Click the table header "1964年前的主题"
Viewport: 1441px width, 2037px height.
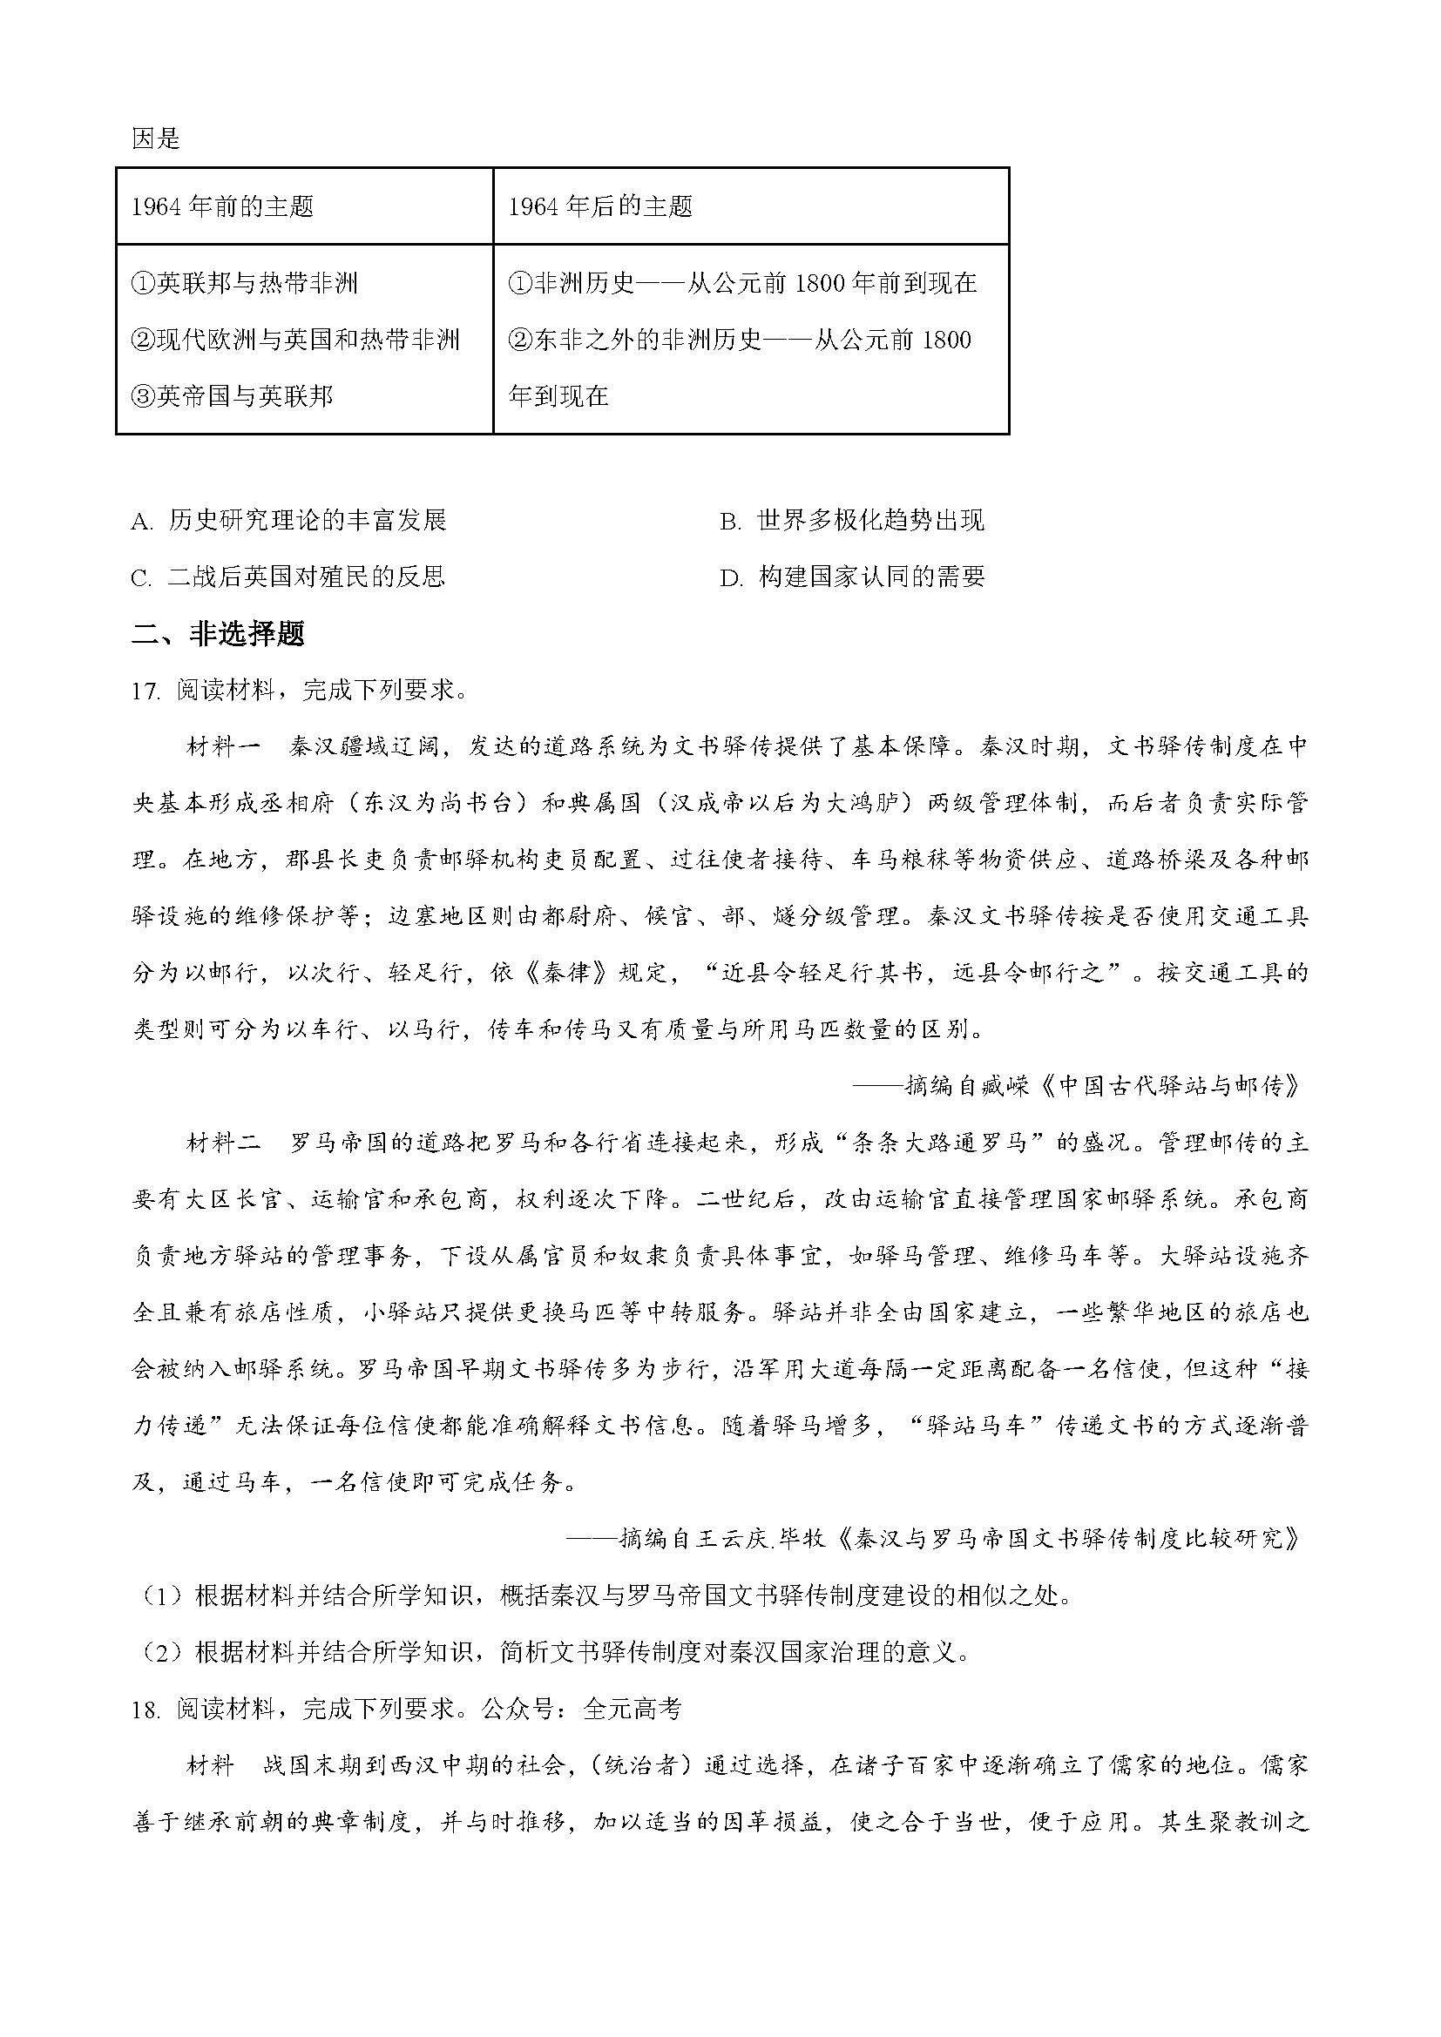pyautogui.click(x=223, y=206)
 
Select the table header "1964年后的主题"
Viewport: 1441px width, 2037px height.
pyautogui.click(x=599, y=206)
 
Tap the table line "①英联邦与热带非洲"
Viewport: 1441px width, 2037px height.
pyautogui.click(x=245, y=283)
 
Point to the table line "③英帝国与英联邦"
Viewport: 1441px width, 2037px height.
pyautogui.click(x=233, y=395)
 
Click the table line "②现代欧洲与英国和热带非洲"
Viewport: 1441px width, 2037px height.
pyautogui.click(x=295, y=340)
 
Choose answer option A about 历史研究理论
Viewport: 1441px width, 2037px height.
pyautogui.click(x=289, y=520)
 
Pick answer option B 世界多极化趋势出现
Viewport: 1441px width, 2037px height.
pyautogui.click(x=852, y=520)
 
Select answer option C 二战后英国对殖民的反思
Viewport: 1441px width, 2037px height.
pyautogui.click(x=288, y=577)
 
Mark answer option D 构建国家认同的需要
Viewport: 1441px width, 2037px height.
pyautogui.click(x=852, y=577)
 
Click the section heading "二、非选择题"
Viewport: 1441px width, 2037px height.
pyautogui.click(x=219, y=633)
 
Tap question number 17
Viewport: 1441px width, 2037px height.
pyautogui.click(x=145, y=691)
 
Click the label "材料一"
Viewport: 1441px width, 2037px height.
pyautogui.click(x=223, y=746)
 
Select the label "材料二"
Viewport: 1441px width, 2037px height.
pyautogui.click(x=223, y=1143)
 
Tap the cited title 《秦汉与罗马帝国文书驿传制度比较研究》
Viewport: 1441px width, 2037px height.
pyautogui.click(x=1067, y=1539)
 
